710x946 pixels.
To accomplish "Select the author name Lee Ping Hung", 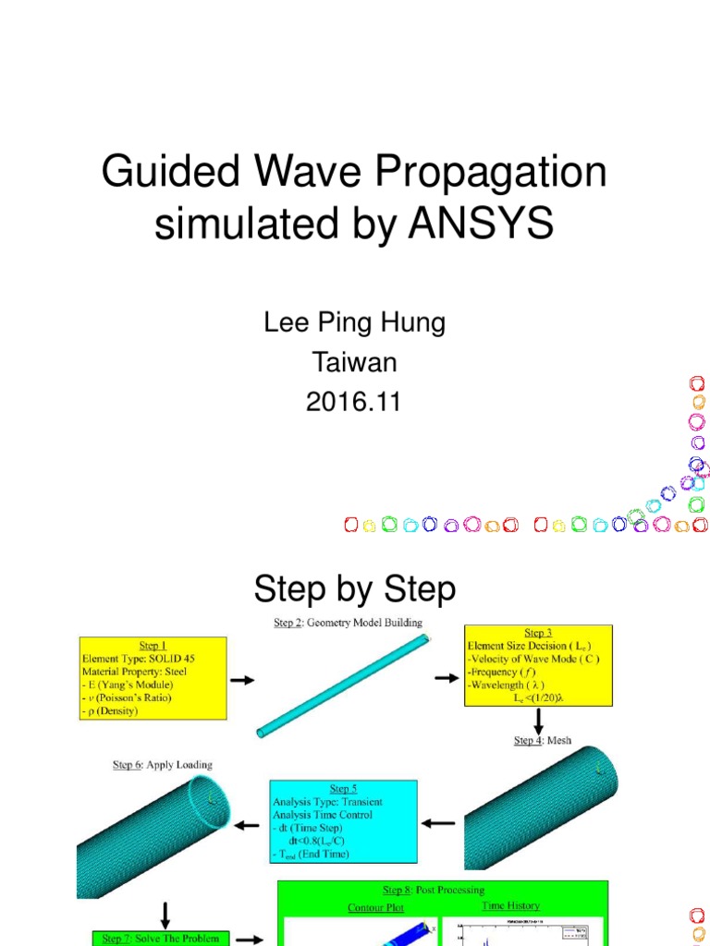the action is [355, 322].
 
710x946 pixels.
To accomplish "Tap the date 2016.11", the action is [355, 402].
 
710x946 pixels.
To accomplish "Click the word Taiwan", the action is [355, 362].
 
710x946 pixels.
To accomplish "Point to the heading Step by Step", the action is [355, 588].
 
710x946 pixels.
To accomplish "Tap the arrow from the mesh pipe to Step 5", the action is [439, 822].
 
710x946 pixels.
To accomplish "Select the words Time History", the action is [510, 906].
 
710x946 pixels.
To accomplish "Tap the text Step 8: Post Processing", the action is [434, 890].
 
